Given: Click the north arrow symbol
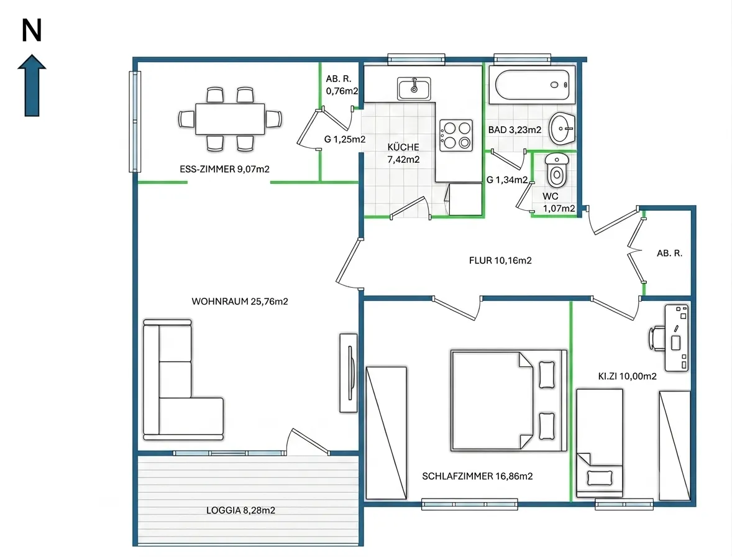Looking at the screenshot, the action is [32, 85].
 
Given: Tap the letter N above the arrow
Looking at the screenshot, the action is [32, 31].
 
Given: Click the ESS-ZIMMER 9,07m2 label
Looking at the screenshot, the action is [224, 169].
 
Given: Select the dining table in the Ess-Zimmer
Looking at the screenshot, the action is [230, 119].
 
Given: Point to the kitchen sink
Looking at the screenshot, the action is [414, 88].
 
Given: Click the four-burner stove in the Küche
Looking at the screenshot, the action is [456, 136].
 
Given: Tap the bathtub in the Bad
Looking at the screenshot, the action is [532, 85].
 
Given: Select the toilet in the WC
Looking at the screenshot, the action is [557, 170].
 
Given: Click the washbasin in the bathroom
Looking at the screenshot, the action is [562, 129].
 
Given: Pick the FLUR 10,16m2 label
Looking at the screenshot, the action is [500, 260].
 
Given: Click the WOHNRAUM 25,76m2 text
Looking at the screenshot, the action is [240, 302].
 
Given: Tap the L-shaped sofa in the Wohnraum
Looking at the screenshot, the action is [183, 380].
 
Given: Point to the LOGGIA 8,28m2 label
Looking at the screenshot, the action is [241, 510].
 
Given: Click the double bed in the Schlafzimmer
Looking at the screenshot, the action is [509, 400].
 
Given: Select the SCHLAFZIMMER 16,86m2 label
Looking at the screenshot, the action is [478, 476].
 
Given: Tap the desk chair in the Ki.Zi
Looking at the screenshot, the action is [656, 338].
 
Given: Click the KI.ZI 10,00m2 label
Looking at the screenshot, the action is [628, 376].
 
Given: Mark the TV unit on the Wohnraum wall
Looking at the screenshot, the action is [349, 372].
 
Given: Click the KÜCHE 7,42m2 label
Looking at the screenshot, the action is [403, 153].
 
